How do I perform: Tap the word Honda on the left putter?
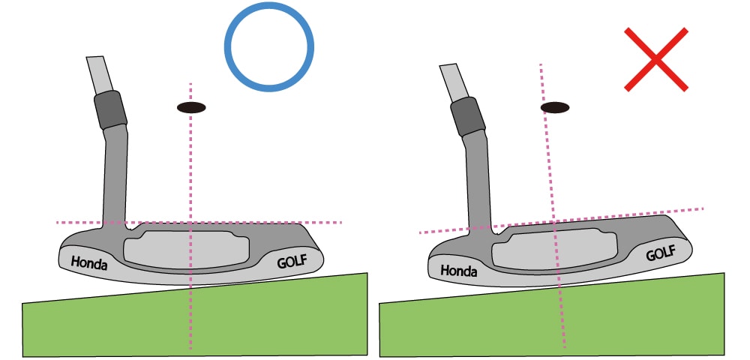89,263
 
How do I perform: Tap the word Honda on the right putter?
458,270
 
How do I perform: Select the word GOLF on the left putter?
292,262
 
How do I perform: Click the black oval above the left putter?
191,108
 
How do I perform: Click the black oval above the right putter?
555,108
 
